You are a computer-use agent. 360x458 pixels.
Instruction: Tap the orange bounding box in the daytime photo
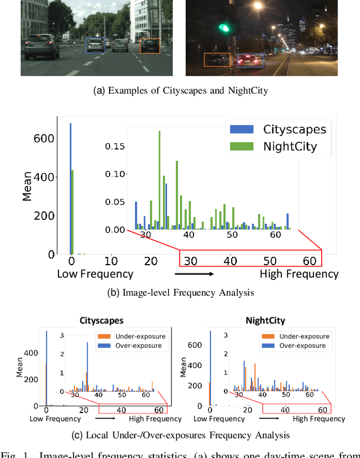tap(150, 46)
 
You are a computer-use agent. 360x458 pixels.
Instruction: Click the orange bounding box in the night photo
tap(217, 60)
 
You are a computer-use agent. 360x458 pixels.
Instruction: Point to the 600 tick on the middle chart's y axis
tap(45, 139)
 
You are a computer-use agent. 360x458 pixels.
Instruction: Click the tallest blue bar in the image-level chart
tap(70, 188)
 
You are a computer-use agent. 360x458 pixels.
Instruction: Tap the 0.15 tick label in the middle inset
tap(116, 146)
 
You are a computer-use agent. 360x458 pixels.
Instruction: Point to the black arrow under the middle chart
tap(194, 275)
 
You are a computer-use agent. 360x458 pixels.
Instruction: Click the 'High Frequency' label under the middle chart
tap(299, 274)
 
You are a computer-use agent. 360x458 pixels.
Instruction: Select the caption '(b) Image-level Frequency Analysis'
tap(180, 292)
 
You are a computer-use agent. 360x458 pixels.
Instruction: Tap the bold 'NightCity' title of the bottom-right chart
tap(265, 321)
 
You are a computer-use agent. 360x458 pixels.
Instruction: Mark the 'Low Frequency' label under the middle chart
tap(95, 274)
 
